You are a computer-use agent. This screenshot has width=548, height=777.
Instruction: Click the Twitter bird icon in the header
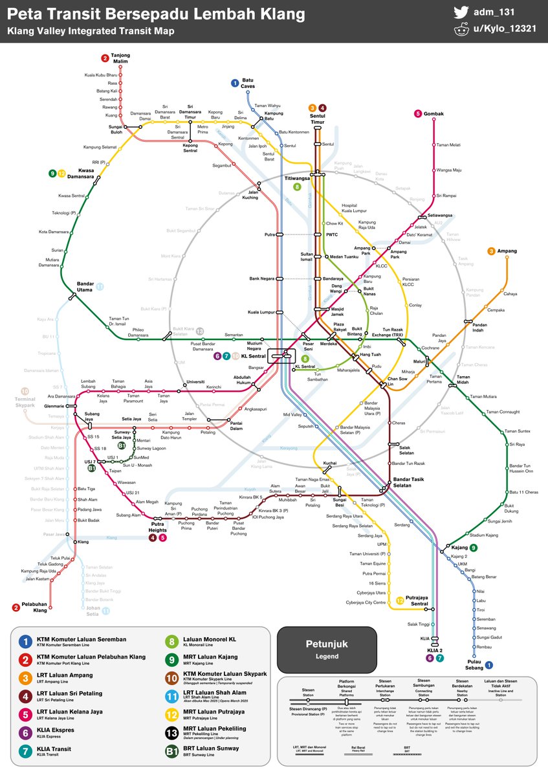(461, 12)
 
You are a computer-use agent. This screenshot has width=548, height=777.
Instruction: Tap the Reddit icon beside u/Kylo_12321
(461, 30)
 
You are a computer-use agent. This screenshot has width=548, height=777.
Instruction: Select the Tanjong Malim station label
(120, 58)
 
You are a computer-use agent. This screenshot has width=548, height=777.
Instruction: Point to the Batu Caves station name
(248, 84)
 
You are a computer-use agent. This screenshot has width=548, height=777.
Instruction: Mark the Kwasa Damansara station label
(80, 174)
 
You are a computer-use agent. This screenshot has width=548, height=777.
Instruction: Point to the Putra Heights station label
(158, 526)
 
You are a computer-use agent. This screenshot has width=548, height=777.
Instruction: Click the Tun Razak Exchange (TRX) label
(396, 332)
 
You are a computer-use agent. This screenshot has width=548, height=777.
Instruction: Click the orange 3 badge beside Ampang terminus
(492, 251)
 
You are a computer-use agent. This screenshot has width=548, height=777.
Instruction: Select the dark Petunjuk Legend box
(326, 649)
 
